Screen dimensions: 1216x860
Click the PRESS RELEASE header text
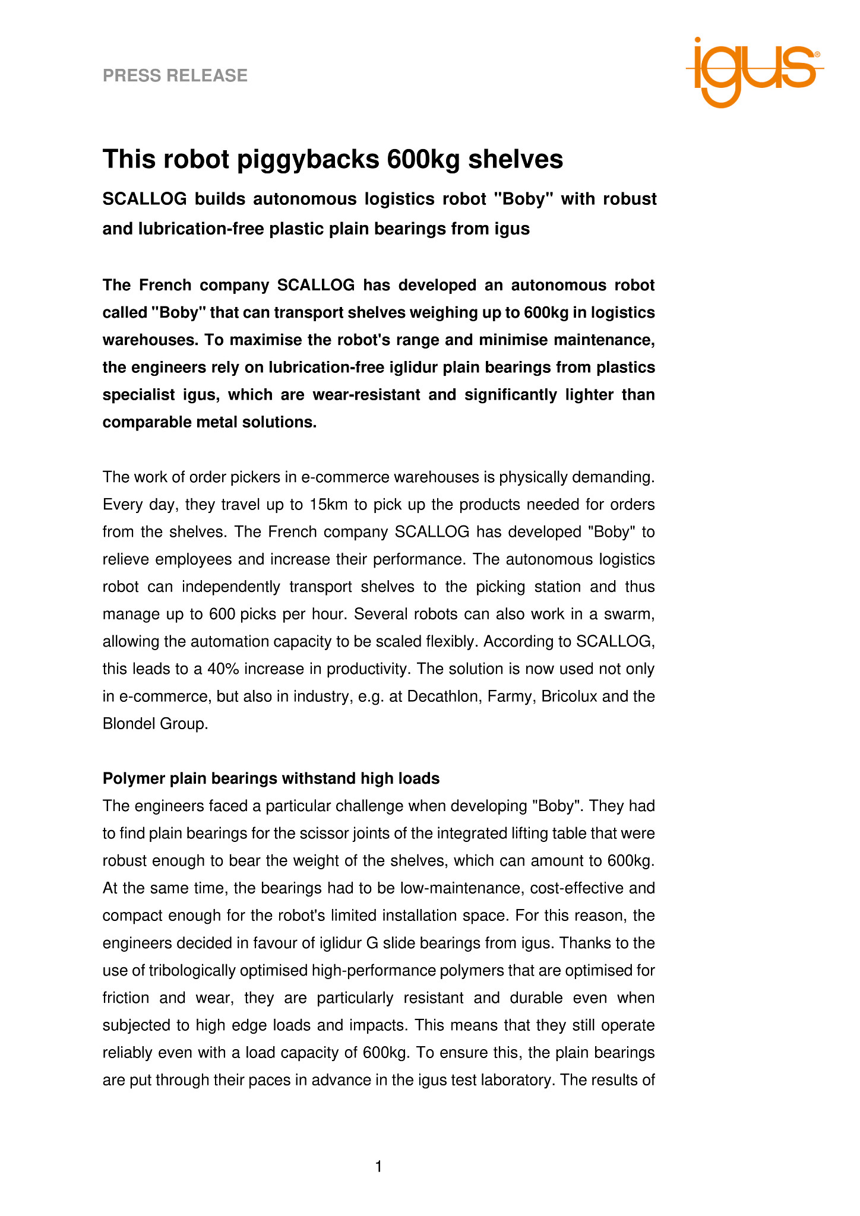(175, 75)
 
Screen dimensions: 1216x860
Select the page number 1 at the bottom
(379, 1167)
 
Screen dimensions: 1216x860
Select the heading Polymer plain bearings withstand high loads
(271, 778)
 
